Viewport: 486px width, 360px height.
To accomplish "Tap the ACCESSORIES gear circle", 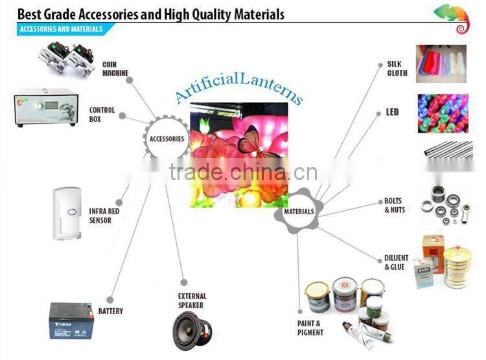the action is pos(167,139).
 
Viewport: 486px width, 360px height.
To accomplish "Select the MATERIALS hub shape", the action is pos(299,211).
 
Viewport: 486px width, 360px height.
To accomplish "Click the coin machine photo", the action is pos(66,58).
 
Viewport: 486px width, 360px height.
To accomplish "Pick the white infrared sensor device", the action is pos(67,214).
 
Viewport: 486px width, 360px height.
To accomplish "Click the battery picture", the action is pos(71,321).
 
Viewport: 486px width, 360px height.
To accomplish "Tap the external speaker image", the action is pos(192,331).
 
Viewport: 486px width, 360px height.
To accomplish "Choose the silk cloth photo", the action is pos(441,64).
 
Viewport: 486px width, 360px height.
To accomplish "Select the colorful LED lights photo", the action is pos(443,113).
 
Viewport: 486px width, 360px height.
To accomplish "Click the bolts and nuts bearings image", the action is pos(446,205).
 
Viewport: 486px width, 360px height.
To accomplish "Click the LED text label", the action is pos(392,112).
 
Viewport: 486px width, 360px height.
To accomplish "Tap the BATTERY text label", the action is pos(111,311).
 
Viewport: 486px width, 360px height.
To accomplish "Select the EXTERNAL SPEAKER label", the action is pos(192,300).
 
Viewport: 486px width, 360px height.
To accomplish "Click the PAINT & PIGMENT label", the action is pos(310,328).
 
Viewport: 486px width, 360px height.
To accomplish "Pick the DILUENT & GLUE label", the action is pos(396,262).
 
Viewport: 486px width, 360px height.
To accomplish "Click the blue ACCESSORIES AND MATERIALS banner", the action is pos(64,29).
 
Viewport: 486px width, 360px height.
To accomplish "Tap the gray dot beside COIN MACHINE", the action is pos(130,80).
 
